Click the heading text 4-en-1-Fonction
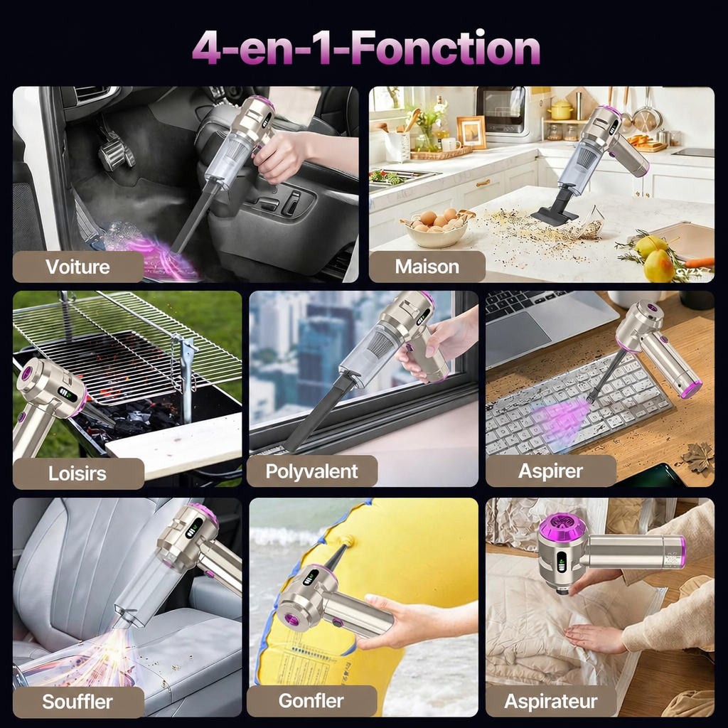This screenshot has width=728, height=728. (366, 48)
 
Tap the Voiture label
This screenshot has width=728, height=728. (77, 267)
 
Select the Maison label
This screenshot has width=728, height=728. (427, 267)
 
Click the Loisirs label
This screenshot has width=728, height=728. (77, 473)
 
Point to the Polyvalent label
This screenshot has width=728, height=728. (311, 472)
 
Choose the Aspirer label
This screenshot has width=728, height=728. (550, 471)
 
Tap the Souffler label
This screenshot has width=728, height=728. (77, 702)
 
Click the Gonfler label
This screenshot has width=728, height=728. (311, 700)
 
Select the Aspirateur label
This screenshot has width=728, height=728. (551, 702)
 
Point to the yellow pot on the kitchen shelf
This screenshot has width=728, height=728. (562, 110)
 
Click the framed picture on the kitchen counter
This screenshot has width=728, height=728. (472, 132)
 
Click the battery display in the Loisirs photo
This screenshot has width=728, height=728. (68, 394)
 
